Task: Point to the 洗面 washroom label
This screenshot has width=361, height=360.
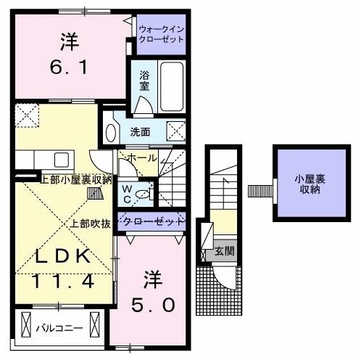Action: [140, 132]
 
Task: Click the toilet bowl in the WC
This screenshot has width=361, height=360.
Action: [144, 194]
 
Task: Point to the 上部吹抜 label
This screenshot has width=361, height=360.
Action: [91, 224]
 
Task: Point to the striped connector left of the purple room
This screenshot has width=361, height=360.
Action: [257, 191]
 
